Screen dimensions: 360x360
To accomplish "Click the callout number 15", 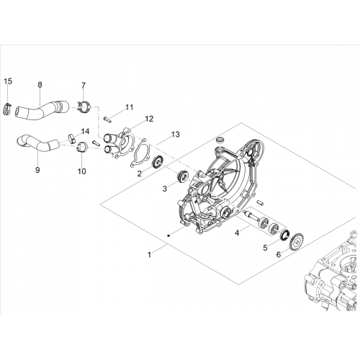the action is (8, 81).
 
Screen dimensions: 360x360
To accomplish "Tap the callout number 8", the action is (40, 84).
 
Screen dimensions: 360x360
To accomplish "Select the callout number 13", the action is (176, 135).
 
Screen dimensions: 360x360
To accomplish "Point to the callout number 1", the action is (149, 255).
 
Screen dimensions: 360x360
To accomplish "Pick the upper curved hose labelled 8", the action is (42, 109).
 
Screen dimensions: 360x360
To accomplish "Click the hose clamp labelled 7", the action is (84, 107).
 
